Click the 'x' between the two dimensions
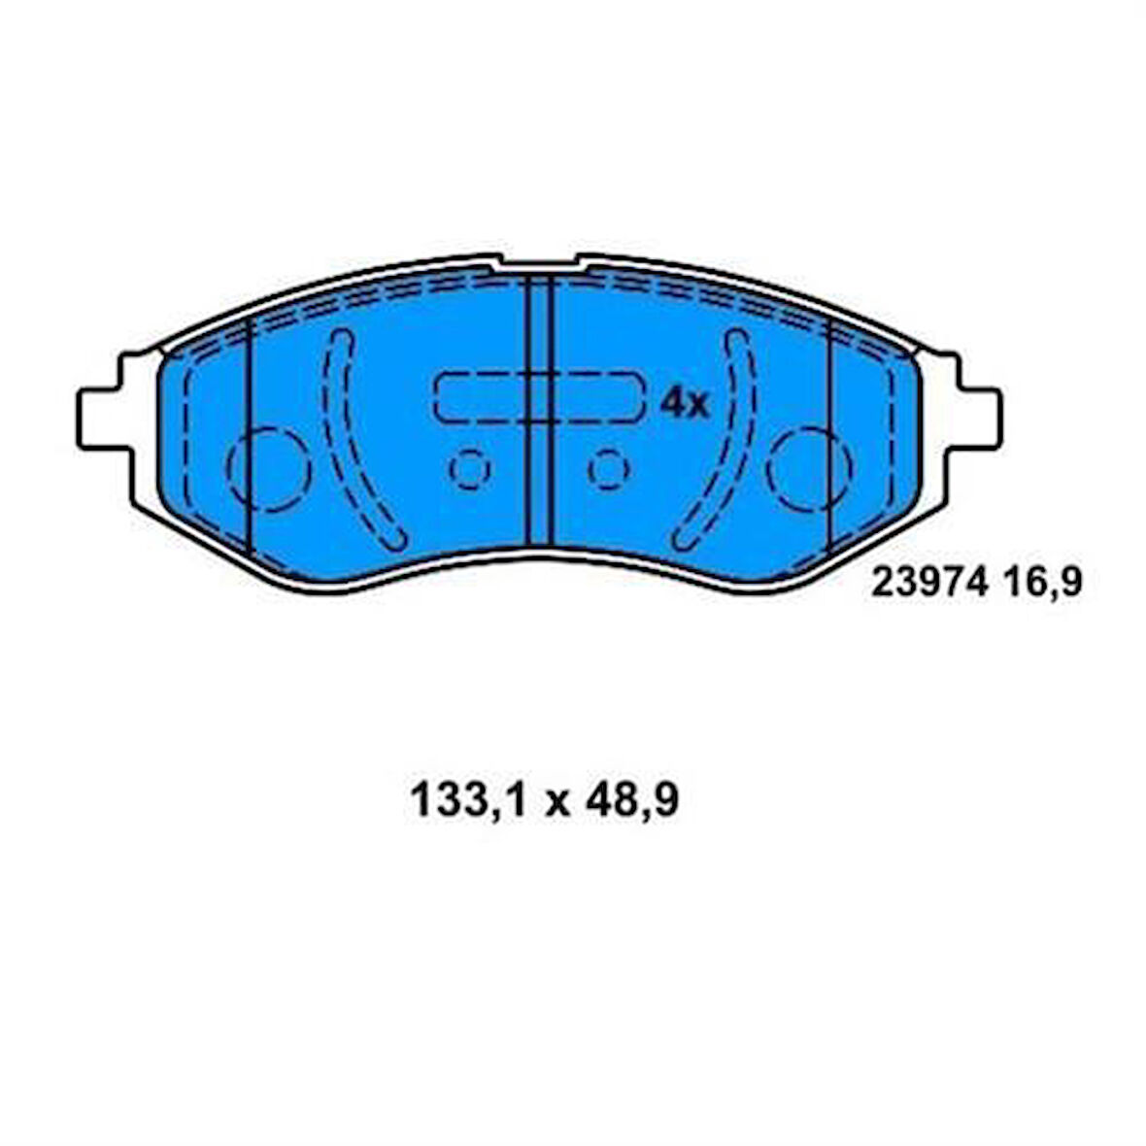click(x=556, y=804)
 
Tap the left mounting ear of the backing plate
click(x=102, y=418)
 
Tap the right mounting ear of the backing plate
click(x=977, y=418)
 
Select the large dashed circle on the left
click(x=269, y=469)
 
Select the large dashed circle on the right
click(x=809, y=469)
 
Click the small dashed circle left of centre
click(x=470, y=469)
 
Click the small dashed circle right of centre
click(x=609, y=469)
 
